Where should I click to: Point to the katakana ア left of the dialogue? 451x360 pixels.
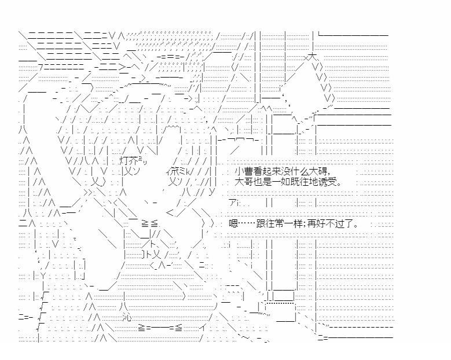point(233,203)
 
